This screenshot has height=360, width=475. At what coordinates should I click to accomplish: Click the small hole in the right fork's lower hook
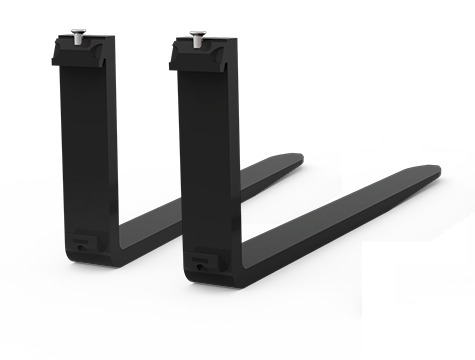point(194,262)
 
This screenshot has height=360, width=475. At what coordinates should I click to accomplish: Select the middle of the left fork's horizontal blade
point(200,200)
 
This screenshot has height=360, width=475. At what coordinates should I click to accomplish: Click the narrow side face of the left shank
point(107,140)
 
